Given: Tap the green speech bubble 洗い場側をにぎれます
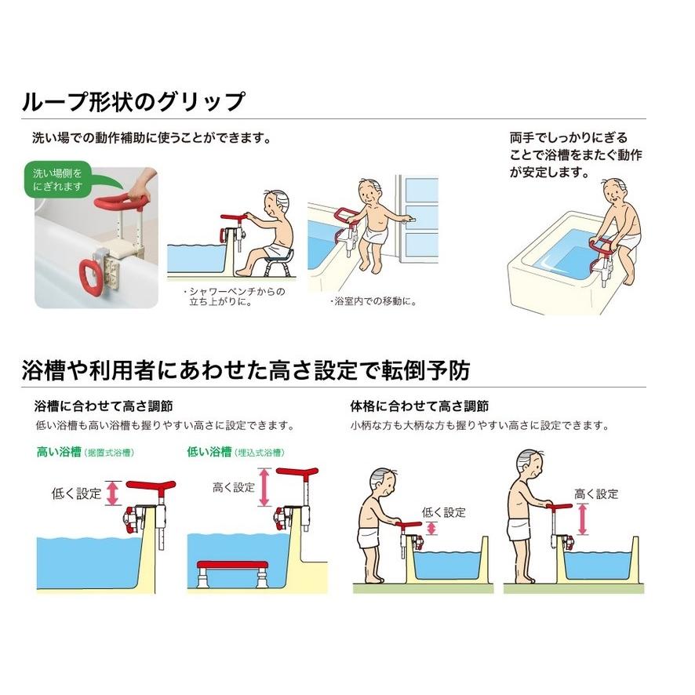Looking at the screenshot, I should tap(58, 179).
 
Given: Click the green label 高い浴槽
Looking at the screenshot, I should tap(58, 453).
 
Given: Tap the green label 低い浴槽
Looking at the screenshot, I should tap(209, 453).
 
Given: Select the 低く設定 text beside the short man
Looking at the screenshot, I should tap(444, 512).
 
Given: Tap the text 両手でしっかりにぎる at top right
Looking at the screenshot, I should tap(568, 138).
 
